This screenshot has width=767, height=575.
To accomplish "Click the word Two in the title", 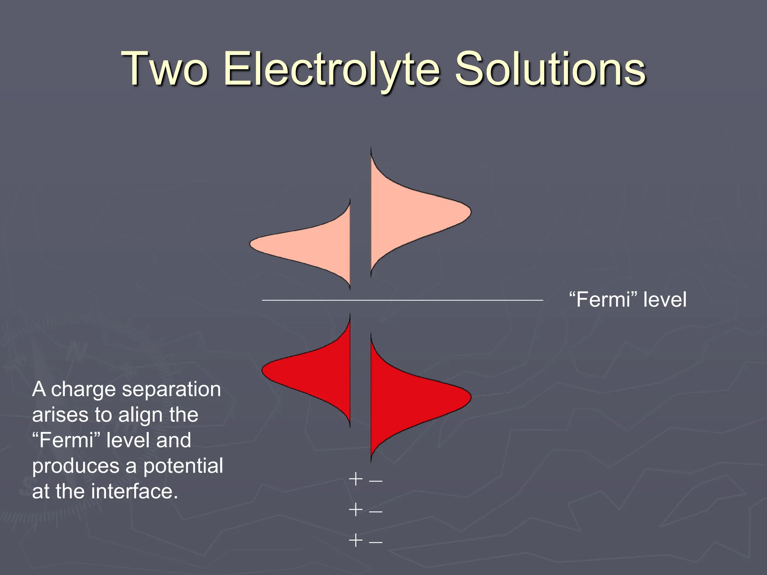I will click(x=164, y=69).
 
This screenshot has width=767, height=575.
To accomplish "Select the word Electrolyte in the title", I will click(x=332, y=69).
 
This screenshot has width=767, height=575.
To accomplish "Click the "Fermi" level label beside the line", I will click(x=628, y=300).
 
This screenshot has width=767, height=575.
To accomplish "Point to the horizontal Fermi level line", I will click(x=402, y=300).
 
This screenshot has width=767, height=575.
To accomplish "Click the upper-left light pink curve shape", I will click(x=311, y=245).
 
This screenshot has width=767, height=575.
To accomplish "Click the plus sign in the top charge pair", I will click(x=355, y=479).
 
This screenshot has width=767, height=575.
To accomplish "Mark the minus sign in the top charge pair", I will click(x=376, y=480).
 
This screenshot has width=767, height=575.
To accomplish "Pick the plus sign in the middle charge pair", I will click(x=355, y=509).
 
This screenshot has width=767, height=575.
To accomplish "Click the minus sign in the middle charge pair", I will click(x=376, y=511).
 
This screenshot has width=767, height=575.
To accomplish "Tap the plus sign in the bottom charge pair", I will click(x=355, y=540).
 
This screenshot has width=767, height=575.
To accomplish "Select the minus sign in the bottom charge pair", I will click(x=376, y=541).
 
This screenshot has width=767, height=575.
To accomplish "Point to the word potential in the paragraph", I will click(x=183, y=466).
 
